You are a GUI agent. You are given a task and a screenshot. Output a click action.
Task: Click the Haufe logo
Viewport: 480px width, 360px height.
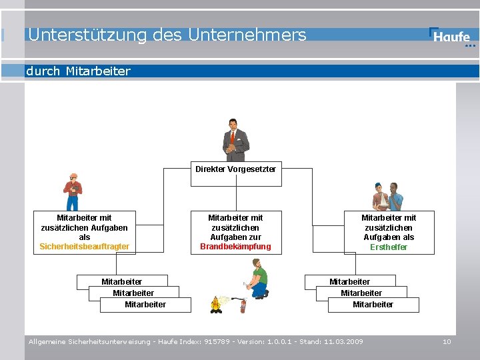click(x=452, y=37)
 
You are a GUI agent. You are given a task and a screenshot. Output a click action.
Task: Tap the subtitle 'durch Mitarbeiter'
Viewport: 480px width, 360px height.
click(x=78, y=71)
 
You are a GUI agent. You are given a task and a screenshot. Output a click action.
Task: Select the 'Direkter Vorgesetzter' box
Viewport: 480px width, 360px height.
click(x=235, y=169)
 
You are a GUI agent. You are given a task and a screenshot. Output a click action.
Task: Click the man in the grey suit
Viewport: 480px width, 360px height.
click(x=235, y=139)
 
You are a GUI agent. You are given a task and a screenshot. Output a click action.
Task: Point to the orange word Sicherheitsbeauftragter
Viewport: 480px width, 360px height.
click(x=85, y=247)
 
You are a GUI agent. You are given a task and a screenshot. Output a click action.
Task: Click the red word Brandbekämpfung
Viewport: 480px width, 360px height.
click(x=235, y=247)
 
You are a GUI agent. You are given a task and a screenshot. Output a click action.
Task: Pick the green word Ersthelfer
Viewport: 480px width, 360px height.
click(x=389, y=247)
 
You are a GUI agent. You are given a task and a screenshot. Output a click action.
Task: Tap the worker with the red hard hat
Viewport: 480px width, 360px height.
click(x=73, y=192)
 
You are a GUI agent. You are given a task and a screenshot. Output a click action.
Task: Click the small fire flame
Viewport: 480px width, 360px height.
click(x=215, y=304)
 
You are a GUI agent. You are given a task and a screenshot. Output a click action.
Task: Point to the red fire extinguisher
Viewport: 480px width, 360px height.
click(x=243, y=306)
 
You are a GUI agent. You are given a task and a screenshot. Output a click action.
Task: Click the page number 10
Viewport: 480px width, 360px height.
click(x=447, y=342)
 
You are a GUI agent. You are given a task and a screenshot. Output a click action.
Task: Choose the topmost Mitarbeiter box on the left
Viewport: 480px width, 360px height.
click(x=121, y=281)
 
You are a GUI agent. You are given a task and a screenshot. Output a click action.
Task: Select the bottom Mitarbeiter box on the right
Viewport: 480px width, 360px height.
click(x=373, y=305)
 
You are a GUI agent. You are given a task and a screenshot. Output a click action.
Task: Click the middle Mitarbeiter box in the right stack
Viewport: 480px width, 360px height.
click(x=361, y=293)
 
